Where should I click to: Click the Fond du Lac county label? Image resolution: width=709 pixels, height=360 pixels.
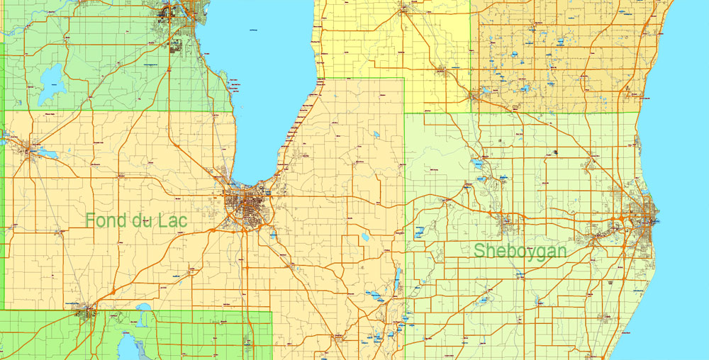(136, 220)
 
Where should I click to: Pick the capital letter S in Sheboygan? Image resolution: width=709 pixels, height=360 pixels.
(480, 250)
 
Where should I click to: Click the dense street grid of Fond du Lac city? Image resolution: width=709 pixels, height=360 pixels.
(244, 206)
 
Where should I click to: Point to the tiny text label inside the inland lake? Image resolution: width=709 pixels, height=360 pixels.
(253, 30)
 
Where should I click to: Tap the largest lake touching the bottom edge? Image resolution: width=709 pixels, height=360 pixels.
(128, 347)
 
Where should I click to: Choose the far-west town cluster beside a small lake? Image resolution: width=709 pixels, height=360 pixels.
(32, 150)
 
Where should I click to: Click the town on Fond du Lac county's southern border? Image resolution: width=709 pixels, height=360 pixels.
(89, 311)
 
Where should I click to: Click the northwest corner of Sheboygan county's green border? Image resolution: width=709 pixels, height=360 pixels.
(406, 112)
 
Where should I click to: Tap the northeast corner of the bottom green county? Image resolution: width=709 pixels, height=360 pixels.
(272, 311)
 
